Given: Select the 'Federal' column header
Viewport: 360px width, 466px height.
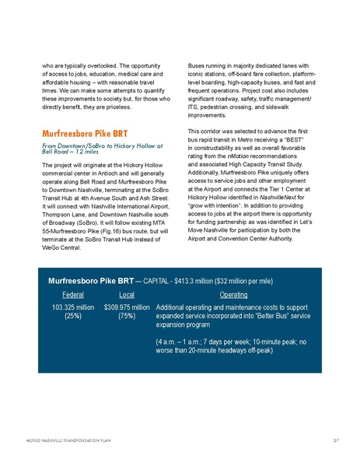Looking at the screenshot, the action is pos(74,295).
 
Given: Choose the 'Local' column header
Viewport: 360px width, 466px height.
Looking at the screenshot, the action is pos(127,295).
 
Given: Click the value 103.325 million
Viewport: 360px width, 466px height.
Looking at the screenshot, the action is pos(74,308).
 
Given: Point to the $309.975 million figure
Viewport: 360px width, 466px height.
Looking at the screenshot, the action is pos(127,308).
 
